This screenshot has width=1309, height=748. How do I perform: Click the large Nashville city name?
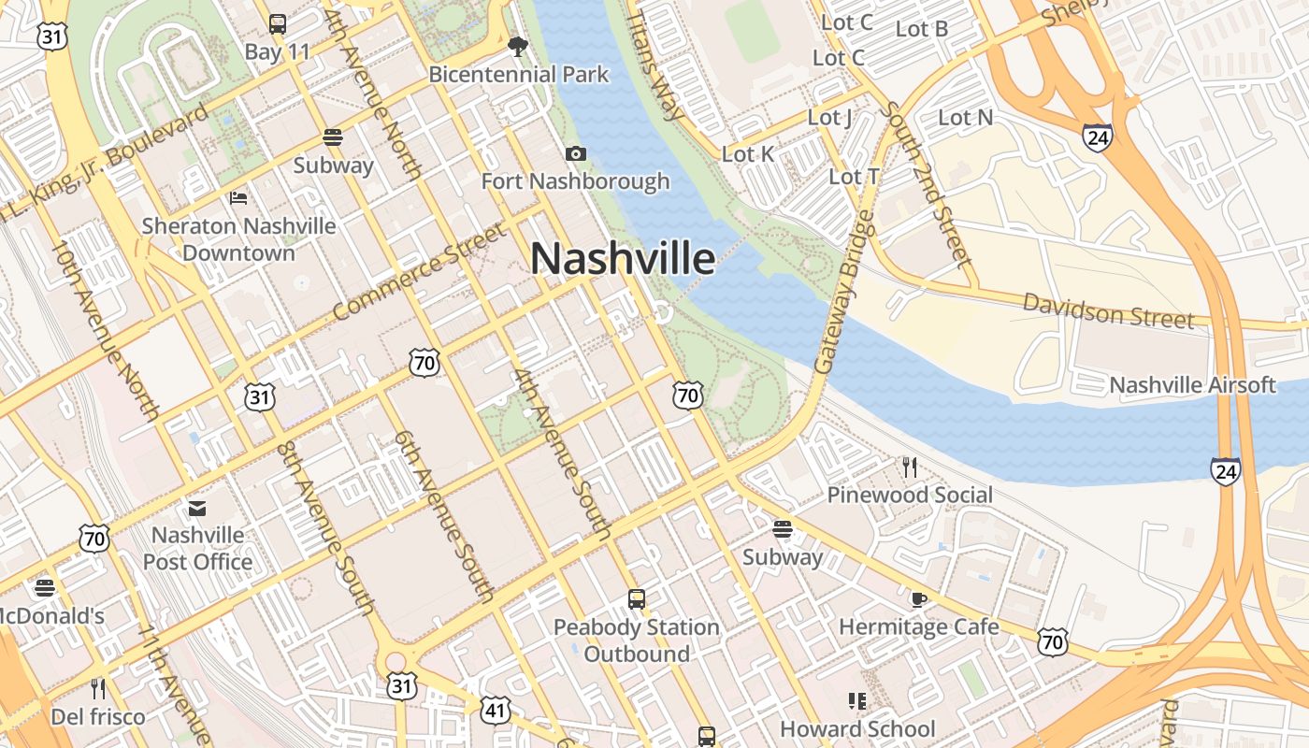point(623,259)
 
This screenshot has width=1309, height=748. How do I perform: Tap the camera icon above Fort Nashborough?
point(575,153)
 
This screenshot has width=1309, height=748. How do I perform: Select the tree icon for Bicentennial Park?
point(517,46)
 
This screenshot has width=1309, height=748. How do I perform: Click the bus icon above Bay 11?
point(277,24)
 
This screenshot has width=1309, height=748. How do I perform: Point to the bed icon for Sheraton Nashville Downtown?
point(238,197)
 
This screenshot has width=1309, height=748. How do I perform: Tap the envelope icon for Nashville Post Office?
point(197,509)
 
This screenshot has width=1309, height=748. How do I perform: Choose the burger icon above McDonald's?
point(44,588)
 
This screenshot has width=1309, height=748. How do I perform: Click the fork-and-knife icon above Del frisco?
point(98,689)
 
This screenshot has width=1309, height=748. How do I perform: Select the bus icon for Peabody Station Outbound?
point(637,598)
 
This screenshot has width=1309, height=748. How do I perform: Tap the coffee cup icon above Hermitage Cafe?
point(918,598)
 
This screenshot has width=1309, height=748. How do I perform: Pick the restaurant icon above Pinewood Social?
point(909,466)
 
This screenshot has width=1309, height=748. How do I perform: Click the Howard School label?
point(857,728)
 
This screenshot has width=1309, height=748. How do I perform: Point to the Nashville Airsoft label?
point(1192,384)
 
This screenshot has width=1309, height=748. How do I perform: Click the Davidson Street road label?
point(1108,310)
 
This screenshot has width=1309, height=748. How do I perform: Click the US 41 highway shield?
point(496,711)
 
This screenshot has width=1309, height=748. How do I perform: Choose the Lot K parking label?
point(748,154)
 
